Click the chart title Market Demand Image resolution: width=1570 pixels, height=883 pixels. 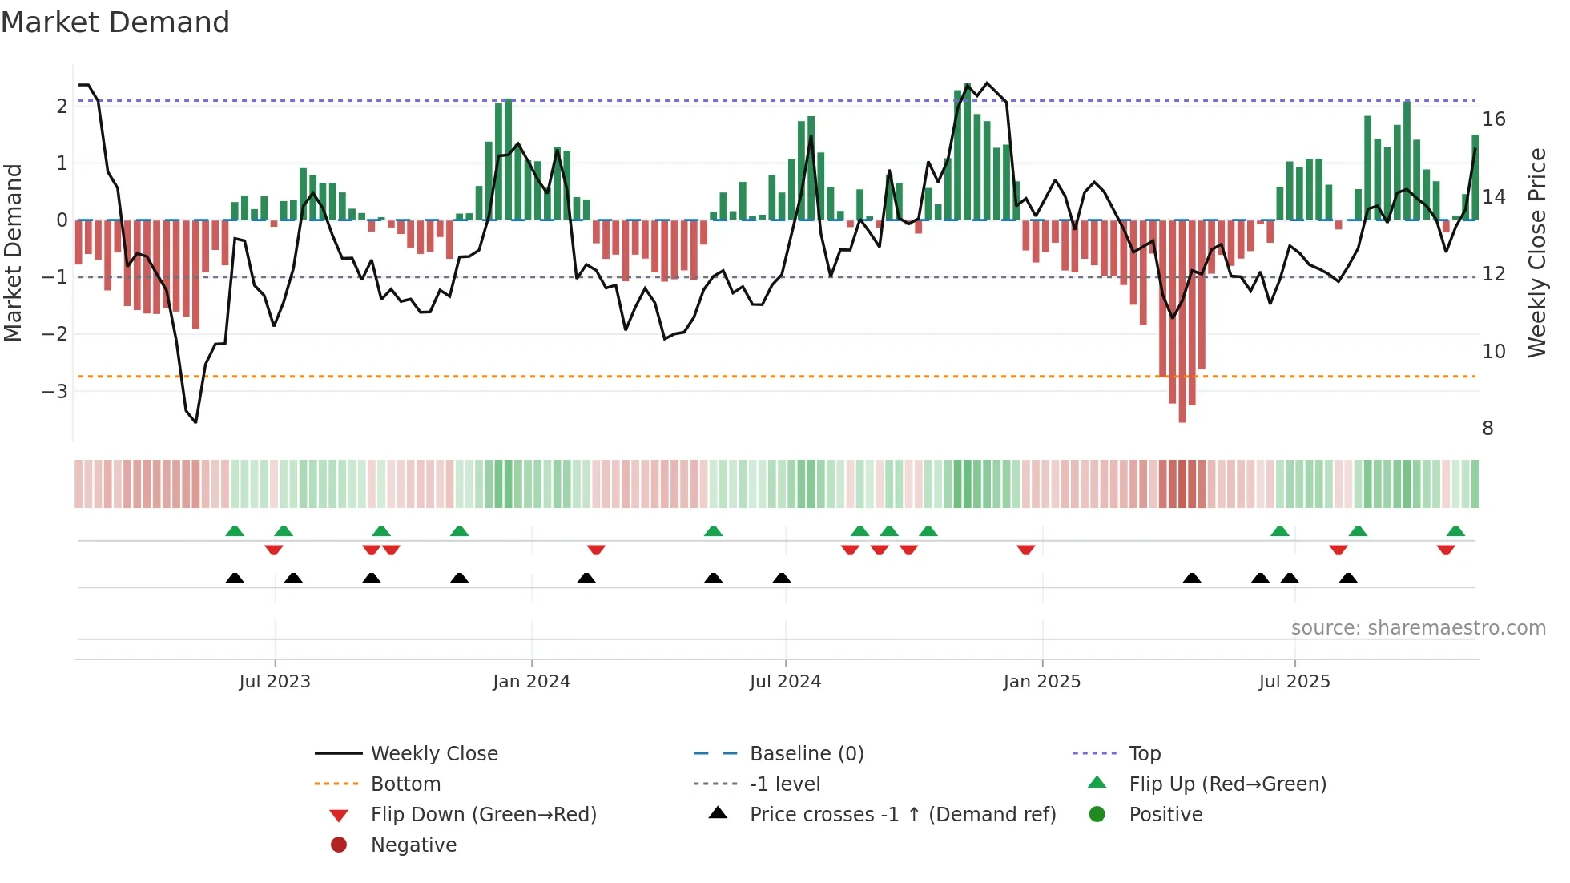(115, 22)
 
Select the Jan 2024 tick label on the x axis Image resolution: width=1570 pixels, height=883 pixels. (531, 682)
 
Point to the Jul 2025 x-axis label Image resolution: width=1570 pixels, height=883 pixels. (1294, 682)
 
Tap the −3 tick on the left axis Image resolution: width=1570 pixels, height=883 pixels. (54, 391)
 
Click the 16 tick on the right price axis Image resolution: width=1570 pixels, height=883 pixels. (1494, 119)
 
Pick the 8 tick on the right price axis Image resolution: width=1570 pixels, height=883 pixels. (1487, 429)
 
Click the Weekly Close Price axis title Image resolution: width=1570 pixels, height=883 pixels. (1536, 252)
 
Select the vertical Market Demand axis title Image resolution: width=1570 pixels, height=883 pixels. (14, 252)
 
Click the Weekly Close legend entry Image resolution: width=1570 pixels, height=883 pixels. (433, 754)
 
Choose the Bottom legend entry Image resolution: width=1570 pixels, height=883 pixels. (405, 784)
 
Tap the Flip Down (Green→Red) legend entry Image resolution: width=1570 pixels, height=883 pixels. (483, 815)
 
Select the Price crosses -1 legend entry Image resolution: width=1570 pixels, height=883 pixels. (902, 815)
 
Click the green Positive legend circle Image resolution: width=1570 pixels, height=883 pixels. (1097, 815)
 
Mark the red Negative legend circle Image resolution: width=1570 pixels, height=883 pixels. (339, 845)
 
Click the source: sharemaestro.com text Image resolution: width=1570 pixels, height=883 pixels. (1418, 628)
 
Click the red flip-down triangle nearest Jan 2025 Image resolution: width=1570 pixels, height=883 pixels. (1026, 550)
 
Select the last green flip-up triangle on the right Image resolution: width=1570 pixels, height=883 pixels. (1455, 531)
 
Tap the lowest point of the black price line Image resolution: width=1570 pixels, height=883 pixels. (195, 422)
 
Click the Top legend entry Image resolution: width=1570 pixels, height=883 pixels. (1144, 754)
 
